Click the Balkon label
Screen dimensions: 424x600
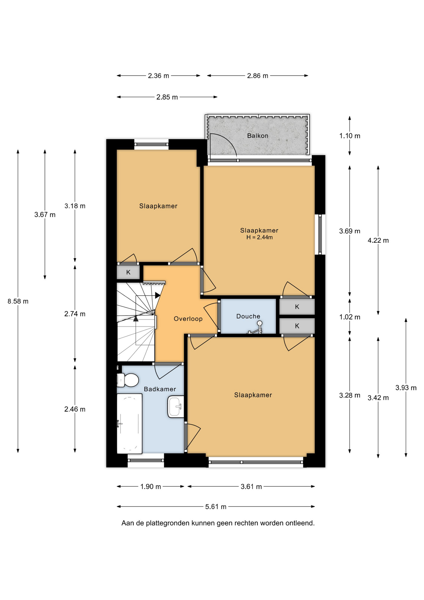pos(258,136)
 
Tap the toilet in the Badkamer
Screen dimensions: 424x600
pos(128,380)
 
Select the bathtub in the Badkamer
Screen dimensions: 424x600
pos(130,423)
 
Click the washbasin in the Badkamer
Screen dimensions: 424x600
pos(176,407)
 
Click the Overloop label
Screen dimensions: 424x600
pos(188,319)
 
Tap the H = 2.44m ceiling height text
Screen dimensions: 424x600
pos(259,237)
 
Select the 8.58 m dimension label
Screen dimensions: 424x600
pos(18,301)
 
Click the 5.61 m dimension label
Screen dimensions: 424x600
pos(216,507)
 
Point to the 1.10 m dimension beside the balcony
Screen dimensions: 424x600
pos(350,136)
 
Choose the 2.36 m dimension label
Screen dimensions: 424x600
pos(158,76)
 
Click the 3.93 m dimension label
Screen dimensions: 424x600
pos(406,388)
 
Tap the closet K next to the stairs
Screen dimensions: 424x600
pos(128,272)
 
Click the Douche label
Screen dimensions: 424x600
pos(248,316)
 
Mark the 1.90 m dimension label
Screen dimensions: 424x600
pos(150,487)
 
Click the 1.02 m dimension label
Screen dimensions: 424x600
pos(350,317)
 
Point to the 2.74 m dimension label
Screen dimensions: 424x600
pos(75,314)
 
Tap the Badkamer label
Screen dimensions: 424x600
pos(160,389)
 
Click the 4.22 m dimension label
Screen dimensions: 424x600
pos(378,240)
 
